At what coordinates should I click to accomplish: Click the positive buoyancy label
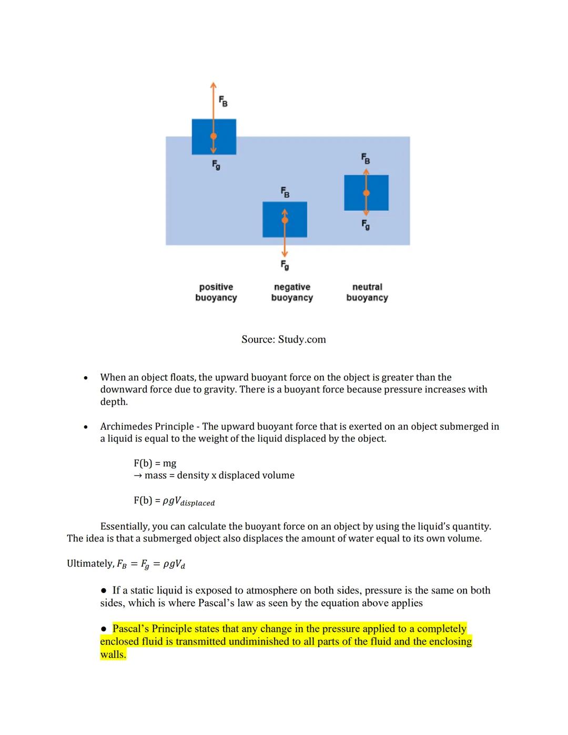pyautogui.click(x=216, y=292)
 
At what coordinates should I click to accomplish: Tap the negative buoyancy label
pyautogui.click(x=292, y=292)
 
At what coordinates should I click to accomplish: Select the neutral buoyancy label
pyautogui.click(x=367, y=292)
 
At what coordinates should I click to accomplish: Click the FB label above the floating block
pyautogui.click(x=224, y=101)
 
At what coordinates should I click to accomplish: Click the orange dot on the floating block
pyautogui.click(x=214, y=136)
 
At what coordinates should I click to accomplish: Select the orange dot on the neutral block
pyautogui.click(x=367, y=193)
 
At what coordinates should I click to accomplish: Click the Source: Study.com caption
pyautogui.click(x=283, y=339)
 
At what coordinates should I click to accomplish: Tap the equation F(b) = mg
pyautogui.click(x=155, y=464)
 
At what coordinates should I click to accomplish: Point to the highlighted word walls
pyautogui.click(x=113, y=655)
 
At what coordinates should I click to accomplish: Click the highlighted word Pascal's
pyautogui.click(x=130, y=629)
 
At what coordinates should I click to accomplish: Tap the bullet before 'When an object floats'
pyautogui.click(x=85, y=378)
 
